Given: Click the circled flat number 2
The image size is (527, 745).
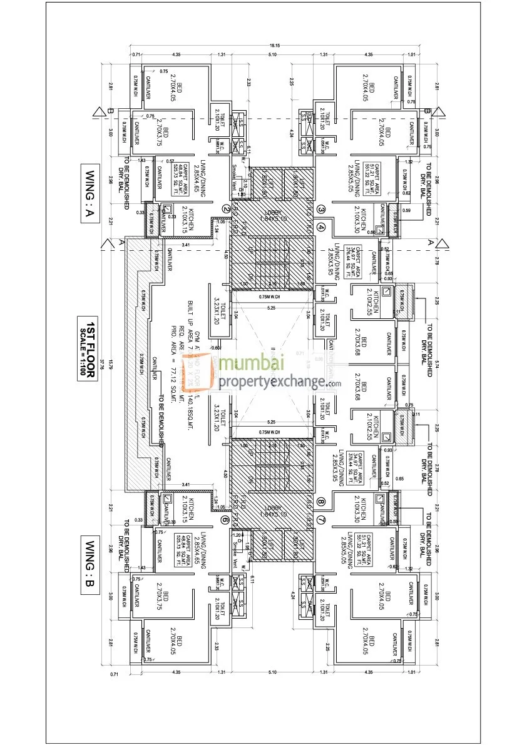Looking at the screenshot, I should (226, 210).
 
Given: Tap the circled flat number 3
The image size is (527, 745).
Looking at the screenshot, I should (321, 210).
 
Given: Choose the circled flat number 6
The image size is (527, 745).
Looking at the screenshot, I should (226, 519).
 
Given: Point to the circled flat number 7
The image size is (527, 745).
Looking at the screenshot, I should (321, 519).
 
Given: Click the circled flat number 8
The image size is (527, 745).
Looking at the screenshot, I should (321, 501).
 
